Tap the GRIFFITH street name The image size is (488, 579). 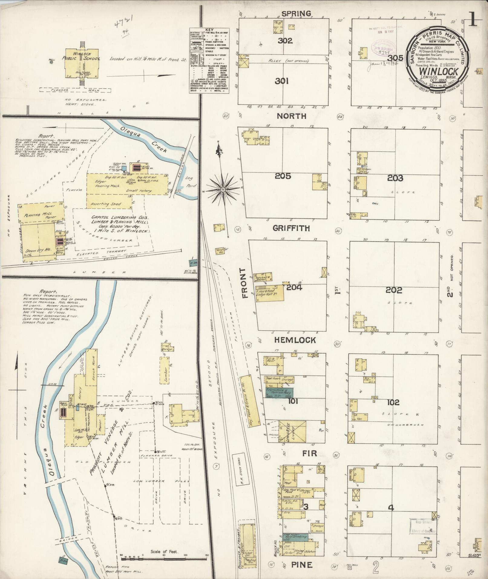click(291, 229)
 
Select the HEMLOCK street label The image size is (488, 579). click(295, 340)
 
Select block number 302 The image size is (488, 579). click(285, 41)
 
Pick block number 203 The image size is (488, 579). click(395, 178)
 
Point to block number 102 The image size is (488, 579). click(393, 403)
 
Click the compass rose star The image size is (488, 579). click(223, 189)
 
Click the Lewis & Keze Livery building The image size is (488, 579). click(292, 432)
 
